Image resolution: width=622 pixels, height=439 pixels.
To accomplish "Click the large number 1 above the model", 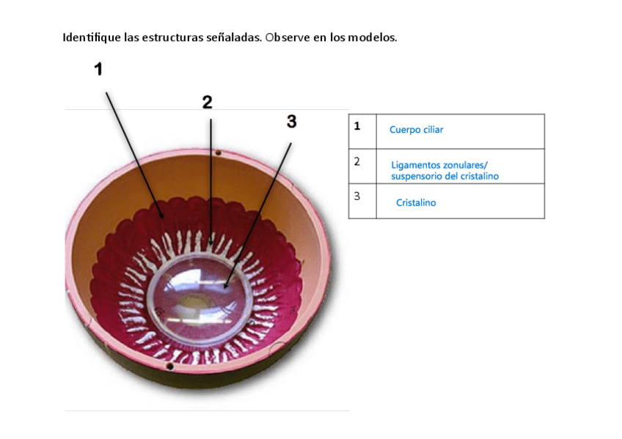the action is tap(98, 69).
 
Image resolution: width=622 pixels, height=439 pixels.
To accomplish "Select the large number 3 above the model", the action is tap(292, 122).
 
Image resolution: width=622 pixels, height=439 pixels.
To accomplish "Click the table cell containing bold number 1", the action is tap(362, 131).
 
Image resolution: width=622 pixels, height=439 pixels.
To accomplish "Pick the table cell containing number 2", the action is tap(362, 166).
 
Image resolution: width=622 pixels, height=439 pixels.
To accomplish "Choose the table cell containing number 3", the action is tap(362, 201).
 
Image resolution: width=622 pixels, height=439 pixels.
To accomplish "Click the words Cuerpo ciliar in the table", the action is tap(416, 130).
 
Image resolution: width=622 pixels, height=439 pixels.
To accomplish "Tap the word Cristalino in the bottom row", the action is tap(415, 203).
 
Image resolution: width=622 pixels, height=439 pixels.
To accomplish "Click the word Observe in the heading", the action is tap(288, 37).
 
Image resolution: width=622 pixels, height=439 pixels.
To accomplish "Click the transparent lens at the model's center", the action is tap(200, 295).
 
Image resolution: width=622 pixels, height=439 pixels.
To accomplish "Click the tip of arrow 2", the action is tap(211, 243).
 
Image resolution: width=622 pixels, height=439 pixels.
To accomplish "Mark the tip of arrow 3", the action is tap(226, 286).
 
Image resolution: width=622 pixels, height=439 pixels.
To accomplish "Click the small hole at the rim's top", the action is tap(217, 153).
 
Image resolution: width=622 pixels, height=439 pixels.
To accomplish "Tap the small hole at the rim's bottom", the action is tap(169, 364).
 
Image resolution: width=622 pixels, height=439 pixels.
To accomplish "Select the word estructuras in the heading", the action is tap(175, 37).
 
